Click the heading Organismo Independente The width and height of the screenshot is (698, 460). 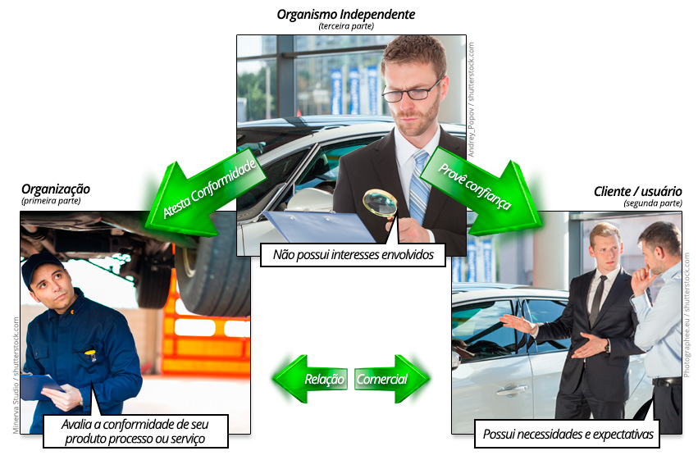[346, 14]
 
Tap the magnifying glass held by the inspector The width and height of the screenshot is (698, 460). [380, 203]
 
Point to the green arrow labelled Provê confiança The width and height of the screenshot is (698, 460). [481, 191]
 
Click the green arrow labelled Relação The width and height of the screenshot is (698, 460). [310, 379]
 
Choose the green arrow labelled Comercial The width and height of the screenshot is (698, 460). [392, 379]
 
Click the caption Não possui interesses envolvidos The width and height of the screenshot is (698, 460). [353, 255]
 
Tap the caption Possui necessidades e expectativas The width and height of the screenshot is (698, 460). [568, 434]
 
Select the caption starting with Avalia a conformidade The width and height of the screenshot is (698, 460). [135, 431]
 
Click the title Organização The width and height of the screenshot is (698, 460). [56, 189]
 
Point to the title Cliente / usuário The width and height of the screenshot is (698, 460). [638, 191]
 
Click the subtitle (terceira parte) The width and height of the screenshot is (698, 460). [346, 26]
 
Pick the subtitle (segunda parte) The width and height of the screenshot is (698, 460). [653, 203]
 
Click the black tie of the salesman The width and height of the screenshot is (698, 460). [597, 300]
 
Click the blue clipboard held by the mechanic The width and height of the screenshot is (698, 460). [41, 386]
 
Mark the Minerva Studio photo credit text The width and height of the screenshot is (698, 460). [16, 375]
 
